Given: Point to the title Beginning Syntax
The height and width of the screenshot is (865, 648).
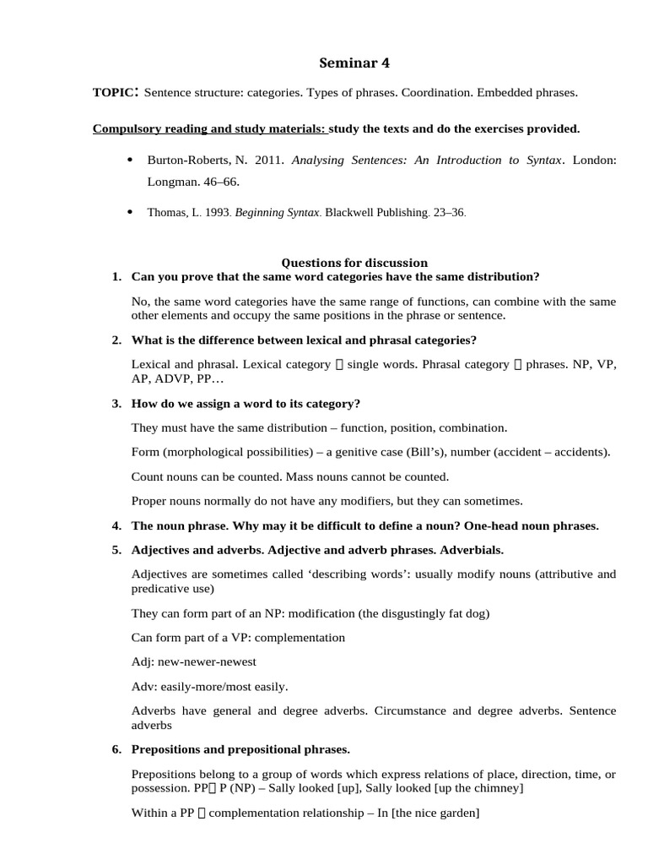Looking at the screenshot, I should coord(277,213).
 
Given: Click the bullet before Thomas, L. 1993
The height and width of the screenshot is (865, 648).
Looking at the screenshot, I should coord(129,212).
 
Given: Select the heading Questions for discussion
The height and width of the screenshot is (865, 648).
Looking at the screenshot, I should coord(354,263).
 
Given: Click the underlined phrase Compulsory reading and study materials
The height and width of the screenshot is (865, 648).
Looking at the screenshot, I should coord(208,129).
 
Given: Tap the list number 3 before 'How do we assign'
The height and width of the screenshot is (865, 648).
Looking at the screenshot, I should coord(116,404).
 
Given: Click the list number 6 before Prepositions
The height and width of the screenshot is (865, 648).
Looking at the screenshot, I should coord(116,749).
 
